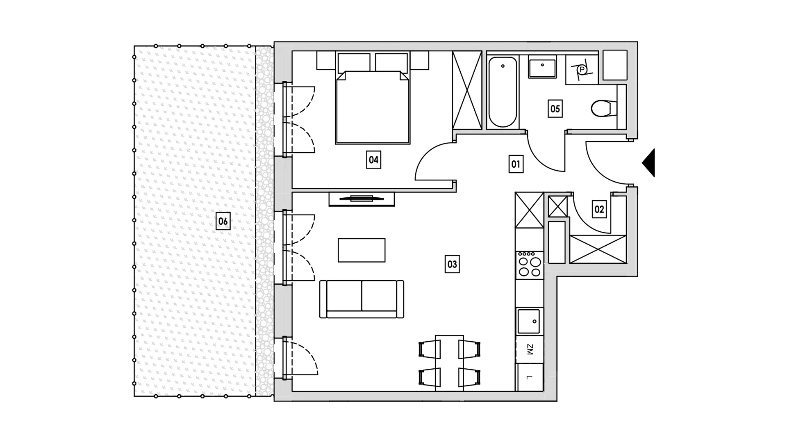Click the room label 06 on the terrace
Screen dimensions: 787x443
(x=223, y=221)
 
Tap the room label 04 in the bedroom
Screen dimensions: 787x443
(x=373, y=160)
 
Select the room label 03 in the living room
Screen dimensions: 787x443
(x=452, y=264)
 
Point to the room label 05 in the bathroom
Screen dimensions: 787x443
(x=555, y=109)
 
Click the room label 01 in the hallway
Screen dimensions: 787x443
(x=516, y=164)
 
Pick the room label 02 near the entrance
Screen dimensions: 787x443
(x=599, y=210)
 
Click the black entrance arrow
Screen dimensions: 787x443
(x=648, y=163)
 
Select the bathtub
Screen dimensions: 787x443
(x=503, y=92)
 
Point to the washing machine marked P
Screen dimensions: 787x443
(x=582, y=70)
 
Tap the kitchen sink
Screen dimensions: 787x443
(x=529, y=321)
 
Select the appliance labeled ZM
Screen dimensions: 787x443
(x=530, y=349)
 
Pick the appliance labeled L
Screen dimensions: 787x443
(x=530, y=377)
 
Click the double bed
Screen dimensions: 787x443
(x=373, y=107)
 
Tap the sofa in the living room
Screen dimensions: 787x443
(x=362, y=299)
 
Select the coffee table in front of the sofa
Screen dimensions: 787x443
(x=362, y=250)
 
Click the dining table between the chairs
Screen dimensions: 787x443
(x=450, y=363)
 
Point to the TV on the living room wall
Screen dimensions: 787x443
(x=362, y=199)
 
